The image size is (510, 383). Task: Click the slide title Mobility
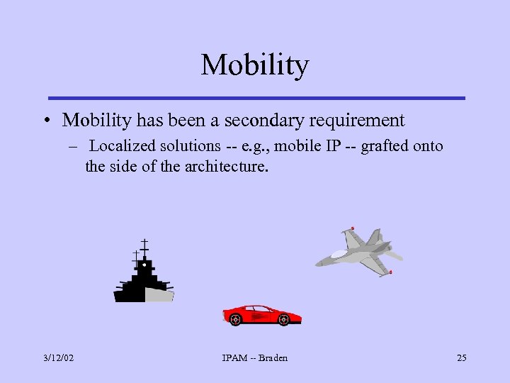coord(255,65)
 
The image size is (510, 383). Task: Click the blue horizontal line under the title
coord(255,98)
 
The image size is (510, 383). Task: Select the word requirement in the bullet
coord(358,121)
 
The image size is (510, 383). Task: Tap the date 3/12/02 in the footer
coord(58,357)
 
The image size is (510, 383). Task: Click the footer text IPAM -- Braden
coord(254,357)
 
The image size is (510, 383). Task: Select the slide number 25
coord(461,357)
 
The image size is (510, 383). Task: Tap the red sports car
coord(261,315)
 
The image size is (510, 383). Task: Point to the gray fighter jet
coord(360,252)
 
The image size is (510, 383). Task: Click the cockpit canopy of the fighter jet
coord(339,253)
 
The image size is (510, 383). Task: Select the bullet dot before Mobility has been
coord(46,121)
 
